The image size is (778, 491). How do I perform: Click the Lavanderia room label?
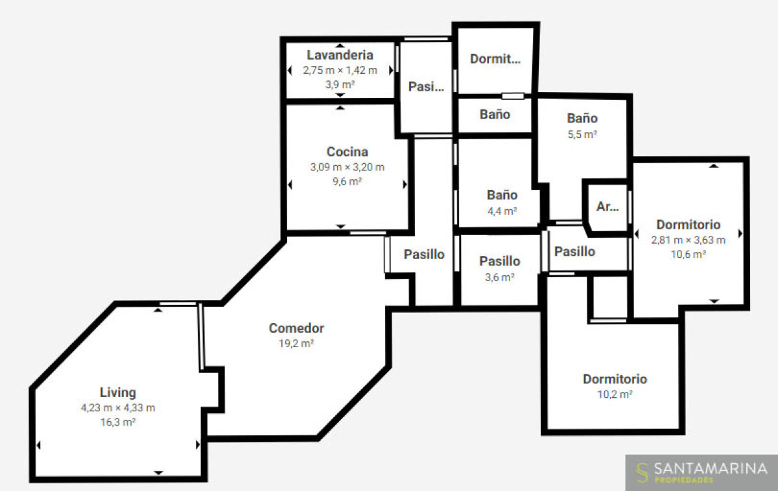(x=340, y=55)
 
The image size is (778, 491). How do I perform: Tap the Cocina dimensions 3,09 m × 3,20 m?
(x=348, y=167)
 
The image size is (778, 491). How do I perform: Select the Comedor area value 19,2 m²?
(x=296, y=343)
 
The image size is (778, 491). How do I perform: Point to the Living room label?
(x=118, y=393)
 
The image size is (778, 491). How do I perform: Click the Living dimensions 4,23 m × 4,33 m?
(x=118, y=407)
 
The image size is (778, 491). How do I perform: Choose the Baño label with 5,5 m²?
(x=582, y=119)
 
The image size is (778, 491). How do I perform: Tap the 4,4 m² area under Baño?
(x=502, y=211)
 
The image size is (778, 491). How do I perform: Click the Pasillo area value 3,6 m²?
(x=499, y=277)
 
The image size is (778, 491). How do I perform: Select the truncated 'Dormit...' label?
(x=495, y=59)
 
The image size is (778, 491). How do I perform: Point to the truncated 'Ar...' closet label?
(x=607, y=207)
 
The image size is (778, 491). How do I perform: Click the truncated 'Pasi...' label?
(x=426, y=87)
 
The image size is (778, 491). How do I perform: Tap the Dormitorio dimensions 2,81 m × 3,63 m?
(x=688, y=240)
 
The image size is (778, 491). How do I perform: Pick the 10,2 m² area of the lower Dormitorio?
(x=615, y=394)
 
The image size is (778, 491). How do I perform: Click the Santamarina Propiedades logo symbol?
(x=643, y=472)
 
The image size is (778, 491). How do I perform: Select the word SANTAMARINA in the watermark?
(x=711, y=469)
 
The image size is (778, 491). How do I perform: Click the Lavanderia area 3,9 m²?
(x=340, y=85)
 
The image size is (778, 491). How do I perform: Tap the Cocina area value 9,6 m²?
(x=348, y=181)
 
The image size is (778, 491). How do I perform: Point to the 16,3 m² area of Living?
(x=118, y=422)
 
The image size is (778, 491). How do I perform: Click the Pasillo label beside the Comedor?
(x=424, y=255)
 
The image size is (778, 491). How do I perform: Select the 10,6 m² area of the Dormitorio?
(x=688, y=255)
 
